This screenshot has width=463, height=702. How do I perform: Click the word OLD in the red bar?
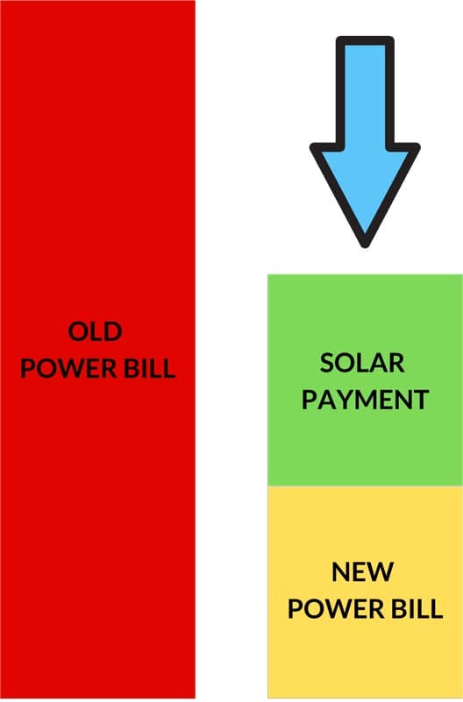click(x=95, y=332)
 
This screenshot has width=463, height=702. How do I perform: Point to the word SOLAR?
click(x=362, y=363)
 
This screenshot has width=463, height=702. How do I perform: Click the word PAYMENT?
click(x=365, y=400)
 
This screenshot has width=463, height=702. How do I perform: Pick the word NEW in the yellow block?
click(x=363, y=572)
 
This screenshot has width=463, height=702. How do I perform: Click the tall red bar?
click(x=97, y=349)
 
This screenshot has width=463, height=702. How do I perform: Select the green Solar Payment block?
click(x=365, y=380)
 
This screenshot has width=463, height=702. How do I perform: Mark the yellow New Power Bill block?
click(x=365, y=592)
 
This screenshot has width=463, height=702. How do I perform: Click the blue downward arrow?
click(x=365, y=141)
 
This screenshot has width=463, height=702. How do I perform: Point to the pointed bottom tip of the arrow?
click(x=365, y=245)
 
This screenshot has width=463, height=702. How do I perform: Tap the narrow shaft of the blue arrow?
click(x=365, y=94)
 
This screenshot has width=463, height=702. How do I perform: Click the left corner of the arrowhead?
click(x=313, y=147)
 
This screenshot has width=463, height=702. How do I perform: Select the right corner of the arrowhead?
click(x=417, y=147)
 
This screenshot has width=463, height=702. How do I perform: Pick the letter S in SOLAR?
click(x=327, y=363)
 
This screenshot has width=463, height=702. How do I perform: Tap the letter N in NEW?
click(x=341, y=572)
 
